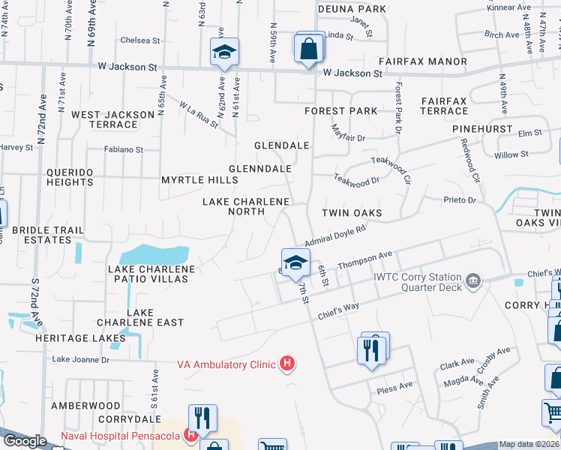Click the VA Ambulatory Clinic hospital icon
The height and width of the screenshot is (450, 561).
(x=286, y=365)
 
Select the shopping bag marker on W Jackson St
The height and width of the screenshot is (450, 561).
(x=308, y=49)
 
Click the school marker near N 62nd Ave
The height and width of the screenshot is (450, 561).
(x=223, y=52)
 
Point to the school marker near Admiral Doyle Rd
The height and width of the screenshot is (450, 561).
(x=295, y=262)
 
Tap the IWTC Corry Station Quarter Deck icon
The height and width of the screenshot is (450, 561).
(x=472, y=282)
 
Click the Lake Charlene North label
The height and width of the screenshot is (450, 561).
(x=247, y=207)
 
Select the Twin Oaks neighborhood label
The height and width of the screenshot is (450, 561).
(x=352, y=214)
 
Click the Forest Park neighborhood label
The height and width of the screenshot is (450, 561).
(x=340, y=111)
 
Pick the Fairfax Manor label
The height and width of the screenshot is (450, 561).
(x=422, y=61)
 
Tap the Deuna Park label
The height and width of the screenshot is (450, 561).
(x=352, y=9)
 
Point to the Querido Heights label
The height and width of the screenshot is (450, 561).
(x=70, y=177)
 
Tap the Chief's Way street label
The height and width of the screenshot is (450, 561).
(x=338, y=307)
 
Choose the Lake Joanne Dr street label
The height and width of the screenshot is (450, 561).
(x=80, y=360)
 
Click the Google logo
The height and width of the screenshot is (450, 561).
(x=25, y=440)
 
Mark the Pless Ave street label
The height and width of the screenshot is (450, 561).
(x=394, y=387)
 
